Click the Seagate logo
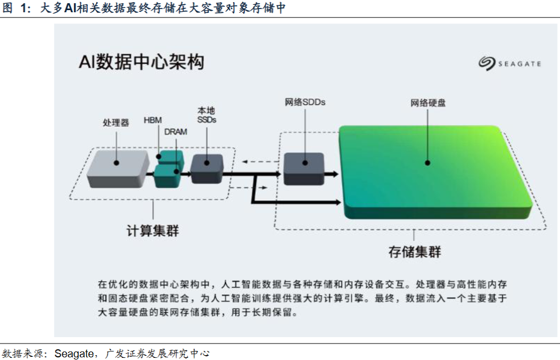click(x=509, y=63)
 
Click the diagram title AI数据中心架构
click(x=141, y=62)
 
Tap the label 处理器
click(x=116, y=123)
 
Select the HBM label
click(x=153, y=120)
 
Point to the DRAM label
click(x=176, y=132)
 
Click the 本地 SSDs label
click(x=207, y=115)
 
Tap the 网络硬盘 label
click(x=428, y=102)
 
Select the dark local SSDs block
click(x=207, y=168)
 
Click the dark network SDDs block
click(x=303, y=168)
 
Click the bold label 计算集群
click(x=153, y=231)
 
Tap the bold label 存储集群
click(x=415, y=251)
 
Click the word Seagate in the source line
click(x=75, y=353)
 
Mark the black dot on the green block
click(x=427, y=163)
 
